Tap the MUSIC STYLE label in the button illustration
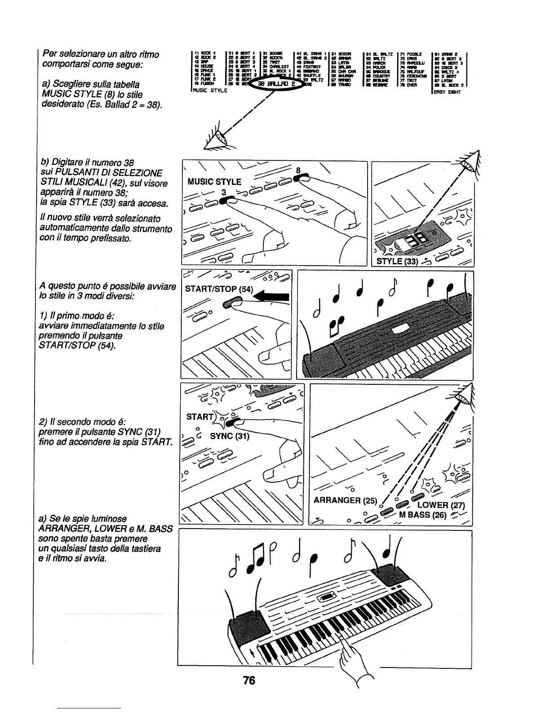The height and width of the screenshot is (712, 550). pos(214,182)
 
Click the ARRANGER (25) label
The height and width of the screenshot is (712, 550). pos(343,501)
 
